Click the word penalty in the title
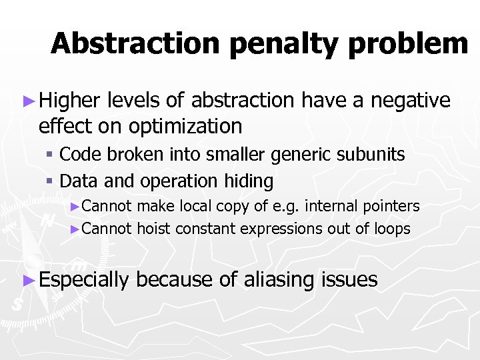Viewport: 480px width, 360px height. (270, 44)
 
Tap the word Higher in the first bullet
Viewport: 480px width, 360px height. (70, 101)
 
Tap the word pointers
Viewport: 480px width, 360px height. (393, 207)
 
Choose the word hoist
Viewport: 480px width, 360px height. (153, 229)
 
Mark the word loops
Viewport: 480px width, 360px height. (393, 229)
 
